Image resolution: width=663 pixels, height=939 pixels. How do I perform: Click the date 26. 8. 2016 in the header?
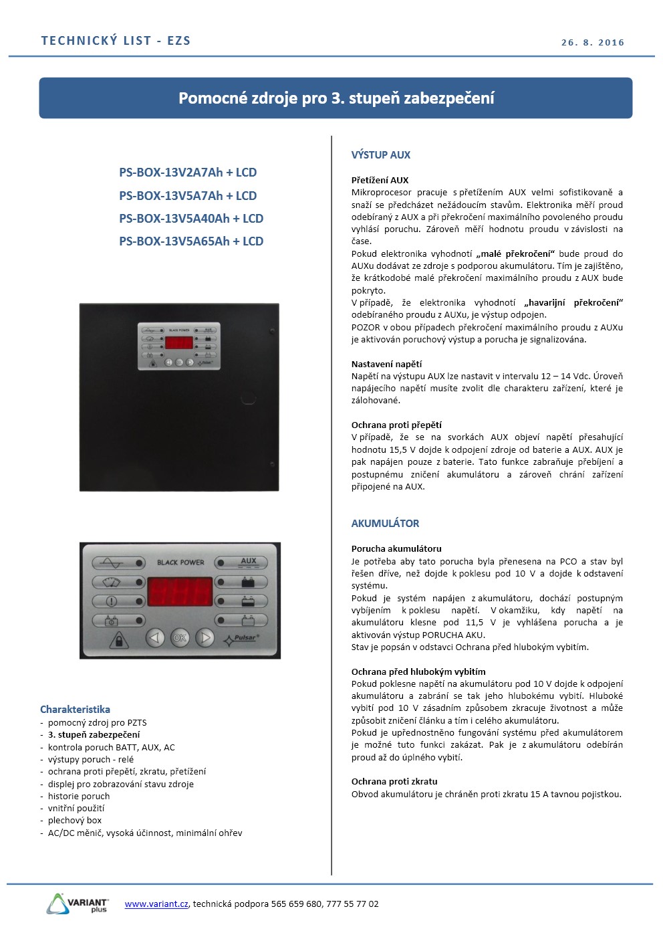tap(592, 42)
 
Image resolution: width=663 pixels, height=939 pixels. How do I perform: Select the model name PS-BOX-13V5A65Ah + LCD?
tap(191, 241)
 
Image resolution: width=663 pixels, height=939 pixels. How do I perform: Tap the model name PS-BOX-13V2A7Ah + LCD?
tap(188, 173)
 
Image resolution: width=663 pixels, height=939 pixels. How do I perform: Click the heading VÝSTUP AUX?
tap(381, 155)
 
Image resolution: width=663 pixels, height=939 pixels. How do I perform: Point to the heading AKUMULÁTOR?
tap(386, 524)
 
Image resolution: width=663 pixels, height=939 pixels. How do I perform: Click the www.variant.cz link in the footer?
tap(156, 904)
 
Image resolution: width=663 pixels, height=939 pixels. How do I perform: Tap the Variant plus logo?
tap(78, 904)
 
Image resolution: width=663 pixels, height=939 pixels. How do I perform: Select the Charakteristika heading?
tap(75, 710)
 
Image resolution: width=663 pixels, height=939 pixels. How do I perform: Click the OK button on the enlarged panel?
tap(180, 638)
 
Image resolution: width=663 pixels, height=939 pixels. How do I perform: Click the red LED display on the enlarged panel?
tap(180, 592)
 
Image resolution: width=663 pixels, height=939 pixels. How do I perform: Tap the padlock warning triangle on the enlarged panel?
tap(119, 640)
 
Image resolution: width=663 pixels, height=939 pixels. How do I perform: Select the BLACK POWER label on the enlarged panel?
tap(180, 562)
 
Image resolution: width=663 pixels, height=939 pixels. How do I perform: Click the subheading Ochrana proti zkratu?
tap(394, 782)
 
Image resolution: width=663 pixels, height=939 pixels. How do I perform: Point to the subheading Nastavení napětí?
tap(386, 364)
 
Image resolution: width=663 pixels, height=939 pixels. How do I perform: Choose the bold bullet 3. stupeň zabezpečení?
tap(94, 735)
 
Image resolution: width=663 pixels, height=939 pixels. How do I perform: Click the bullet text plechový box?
tap(75, 821)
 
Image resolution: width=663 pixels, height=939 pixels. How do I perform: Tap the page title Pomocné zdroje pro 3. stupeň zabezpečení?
tap(336, 98)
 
